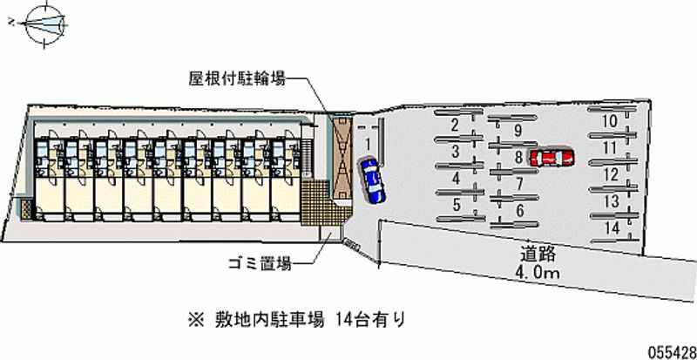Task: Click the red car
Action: click(x=552, y=157)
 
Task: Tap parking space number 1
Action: click(x=369, y=143)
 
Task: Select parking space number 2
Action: click(x=455, y=125)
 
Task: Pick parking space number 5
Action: click(x=457, y=206)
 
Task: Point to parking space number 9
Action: click(x=518, y=131)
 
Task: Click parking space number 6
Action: click(x=518, y=210)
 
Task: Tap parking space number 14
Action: click(x=612, y=228)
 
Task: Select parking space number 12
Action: click(x=612, y=174)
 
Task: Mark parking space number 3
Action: click(x=456, y=152)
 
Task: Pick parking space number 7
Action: click(x=518, y=183)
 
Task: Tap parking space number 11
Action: click(x=612, y=147)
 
